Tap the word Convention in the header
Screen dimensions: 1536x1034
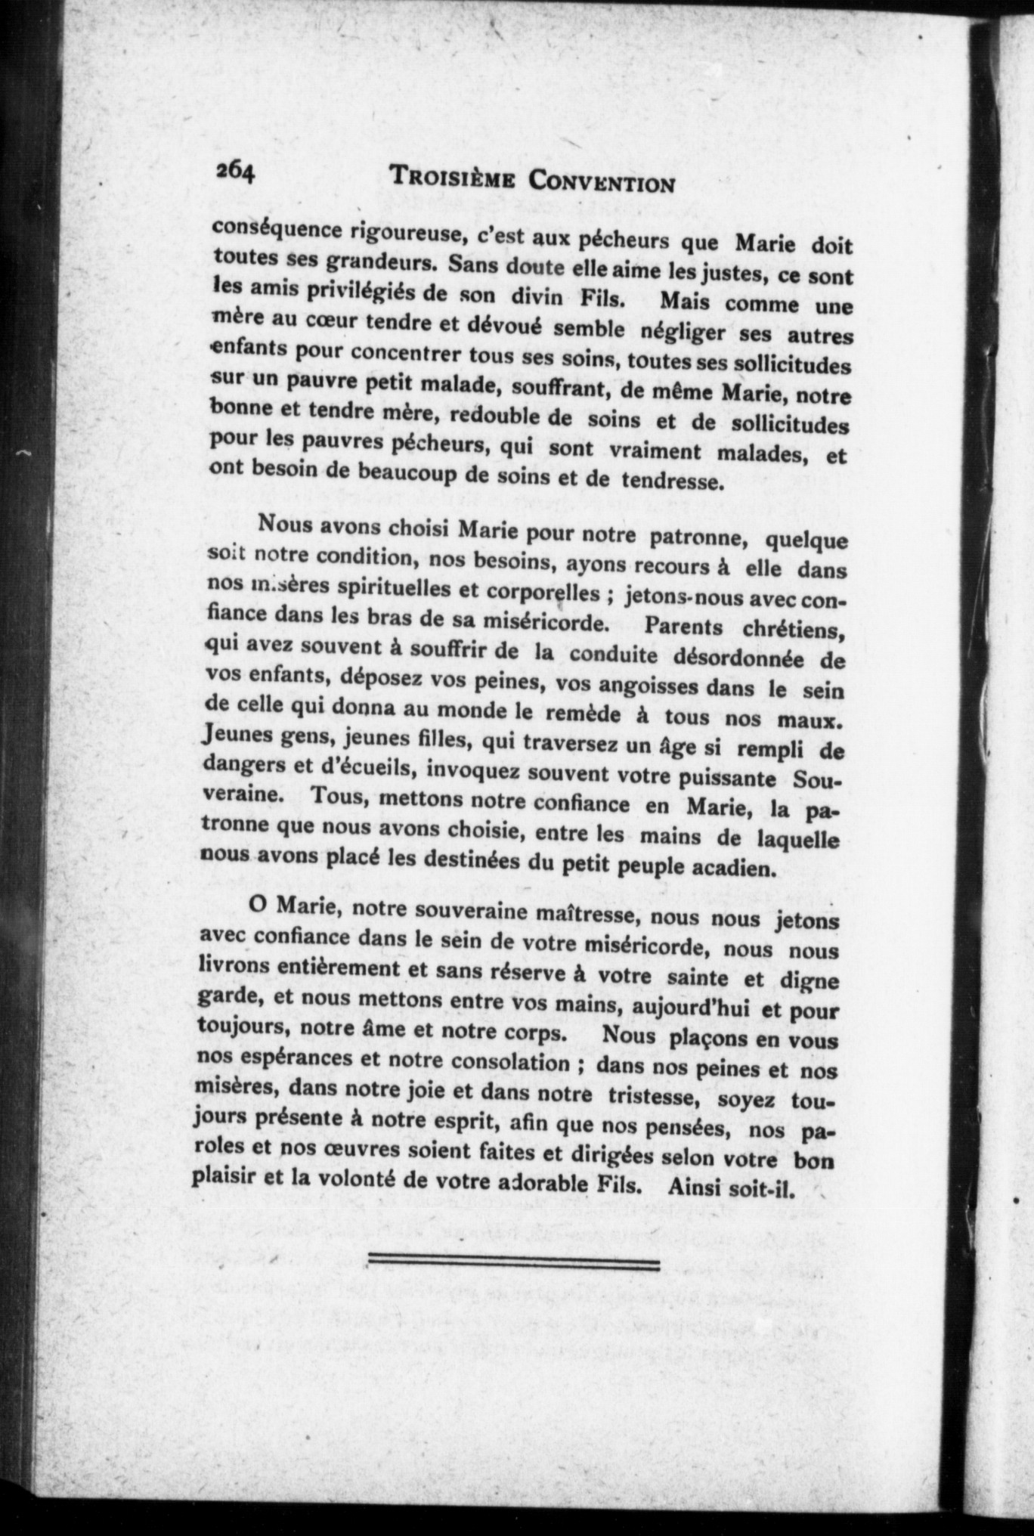[601, 182]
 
